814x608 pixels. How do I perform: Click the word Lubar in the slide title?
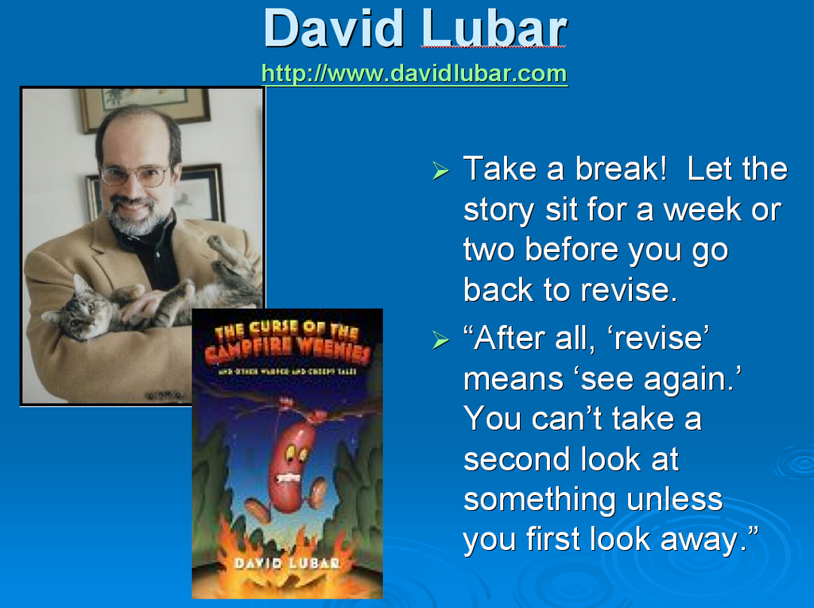coord(494,29)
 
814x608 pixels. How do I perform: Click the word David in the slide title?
coord(333,29)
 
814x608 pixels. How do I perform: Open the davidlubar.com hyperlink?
coord(414,74)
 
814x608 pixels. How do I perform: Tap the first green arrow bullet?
coord(440,170)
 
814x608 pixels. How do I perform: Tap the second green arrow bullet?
coord(440,340)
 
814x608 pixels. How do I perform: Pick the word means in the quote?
coord(513,380)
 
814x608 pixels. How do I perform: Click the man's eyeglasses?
coord(135,175)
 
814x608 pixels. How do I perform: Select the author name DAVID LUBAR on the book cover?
coord(287,563)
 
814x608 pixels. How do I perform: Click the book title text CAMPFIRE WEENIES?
coord(286,350)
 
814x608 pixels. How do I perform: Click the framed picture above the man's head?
coord(145,106)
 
